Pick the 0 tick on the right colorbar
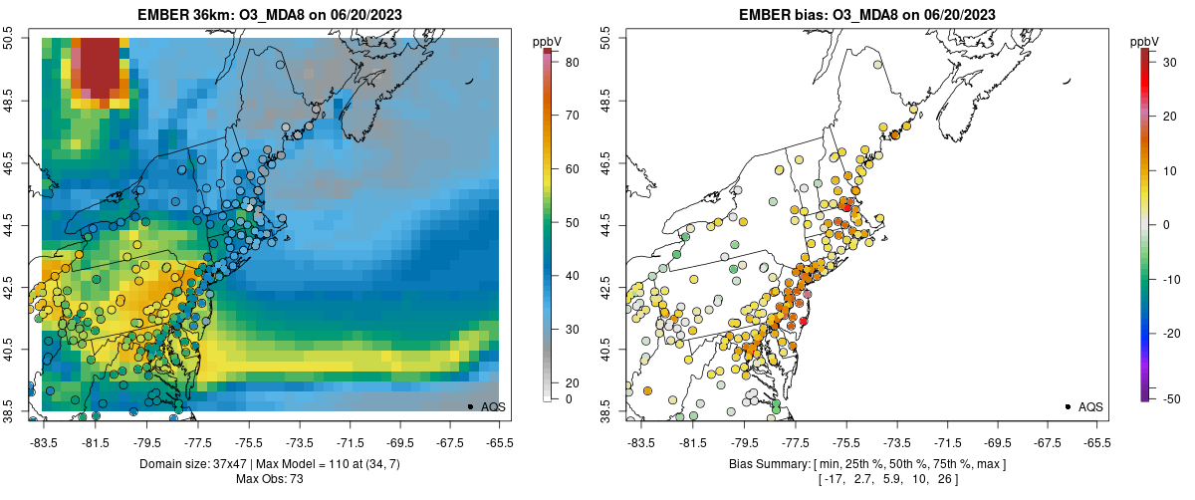[1161, 224]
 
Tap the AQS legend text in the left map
[493, 407]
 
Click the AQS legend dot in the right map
[1067, 406]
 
